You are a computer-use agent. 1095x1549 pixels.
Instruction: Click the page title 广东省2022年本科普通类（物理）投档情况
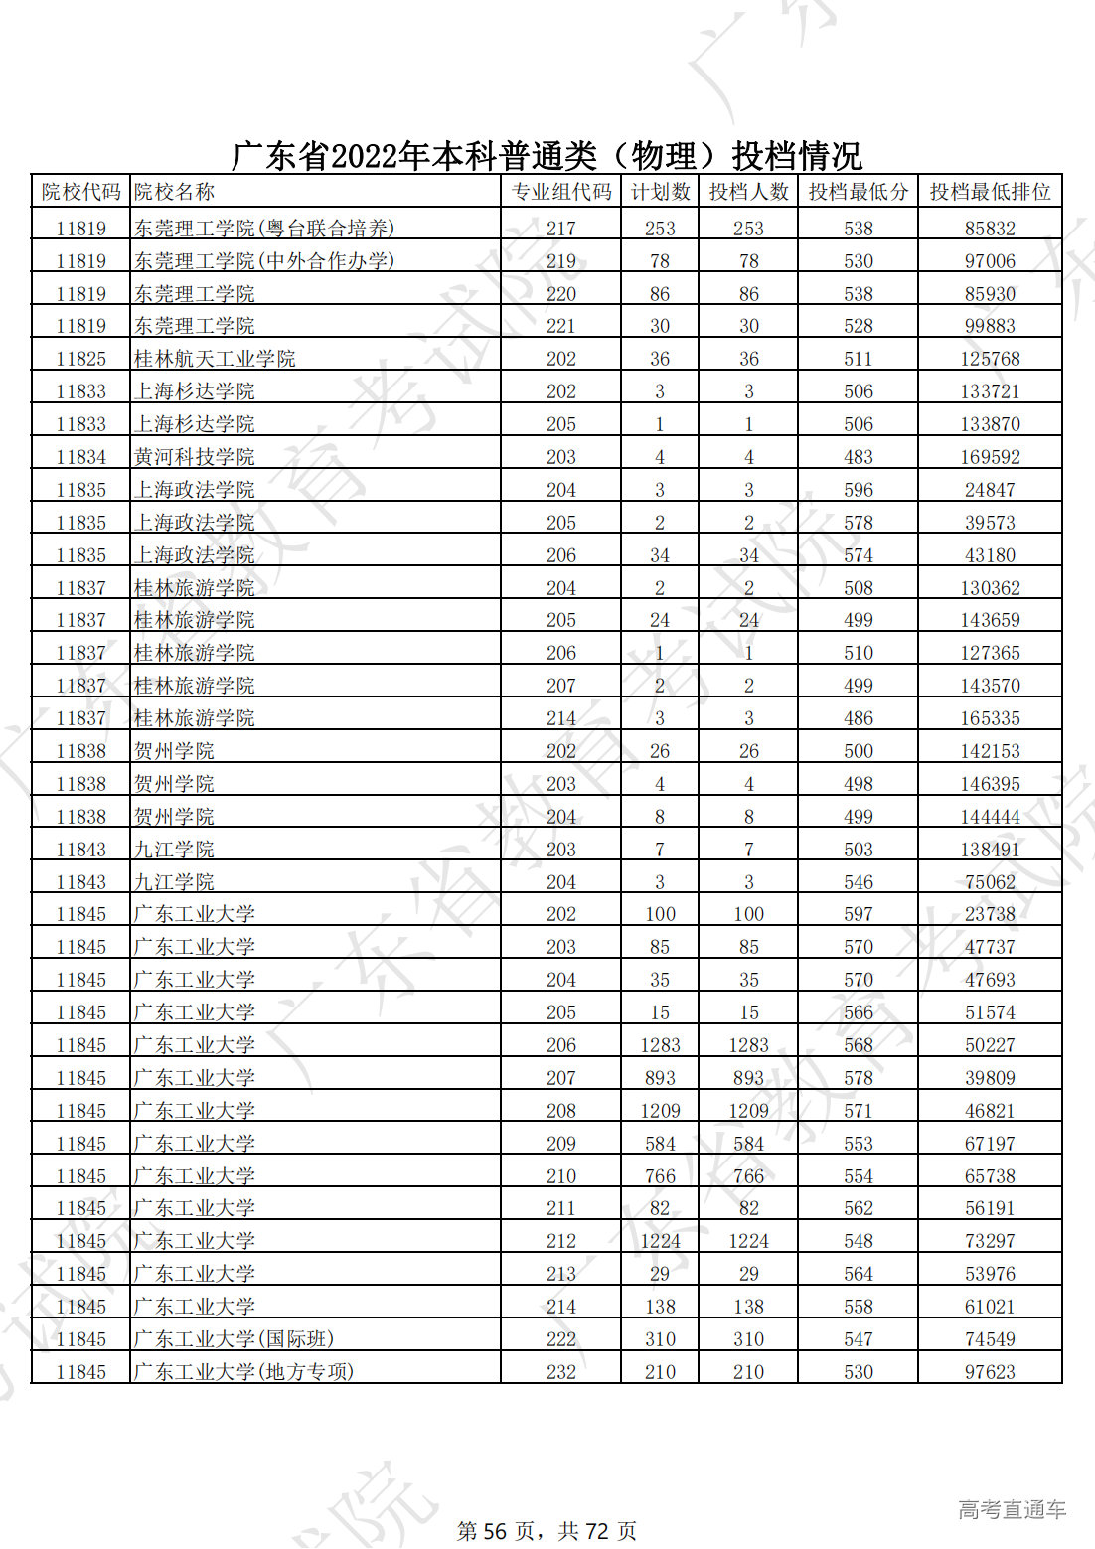point(547,156)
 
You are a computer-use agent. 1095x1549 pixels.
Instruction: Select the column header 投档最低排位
point(990,192)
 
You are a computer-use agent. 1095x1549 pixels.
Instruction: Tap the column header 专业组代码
point(560,192)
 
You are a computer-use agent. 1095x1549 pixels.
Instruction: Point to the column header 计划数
point(660,192)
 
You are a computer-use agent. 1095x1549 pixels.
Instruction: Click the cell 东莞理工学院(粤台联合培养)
point(264,229)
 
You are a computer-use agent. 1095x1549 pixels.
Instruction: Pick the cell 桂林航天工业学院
point(215,359)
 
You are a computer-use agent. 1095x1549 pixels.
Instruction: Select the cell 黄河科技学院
point(195,457)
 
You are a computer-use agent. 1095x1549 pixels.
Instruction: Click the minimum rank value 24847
point(990,490)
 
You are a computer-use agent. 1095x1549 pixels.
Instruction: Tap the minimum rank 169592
point(990,457)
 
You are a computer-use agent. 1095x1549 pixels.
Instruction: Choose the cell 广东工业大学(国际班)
point(235,1339)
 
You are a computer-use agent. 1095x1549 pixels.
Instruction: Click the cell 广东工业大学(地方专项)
point(244,1372)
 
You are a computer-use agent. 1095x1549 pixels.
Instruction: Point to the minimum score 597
point(858,914)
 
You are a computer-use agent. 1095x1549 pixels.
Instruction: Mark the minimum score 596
point(858,490)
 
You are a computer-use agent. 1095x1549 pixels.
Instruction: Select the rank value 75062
point(990,882)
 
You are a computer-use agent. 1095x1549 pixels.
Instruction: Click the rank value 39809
point(990,1078)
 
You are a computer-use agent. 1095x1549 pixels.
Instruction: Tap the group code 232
point(560,1372)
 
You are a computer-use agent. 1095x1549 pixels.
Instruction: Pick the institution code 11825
point(80,359)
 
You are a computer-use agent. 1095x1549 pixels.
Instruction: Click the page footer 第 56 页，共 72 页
point(547,1531)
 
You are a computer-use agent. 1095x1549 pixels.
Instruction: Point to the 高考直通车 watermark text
point(1012,1510)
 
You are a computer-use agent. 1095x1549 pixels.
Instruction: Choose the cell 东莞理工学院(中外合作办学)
point(264,261)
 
